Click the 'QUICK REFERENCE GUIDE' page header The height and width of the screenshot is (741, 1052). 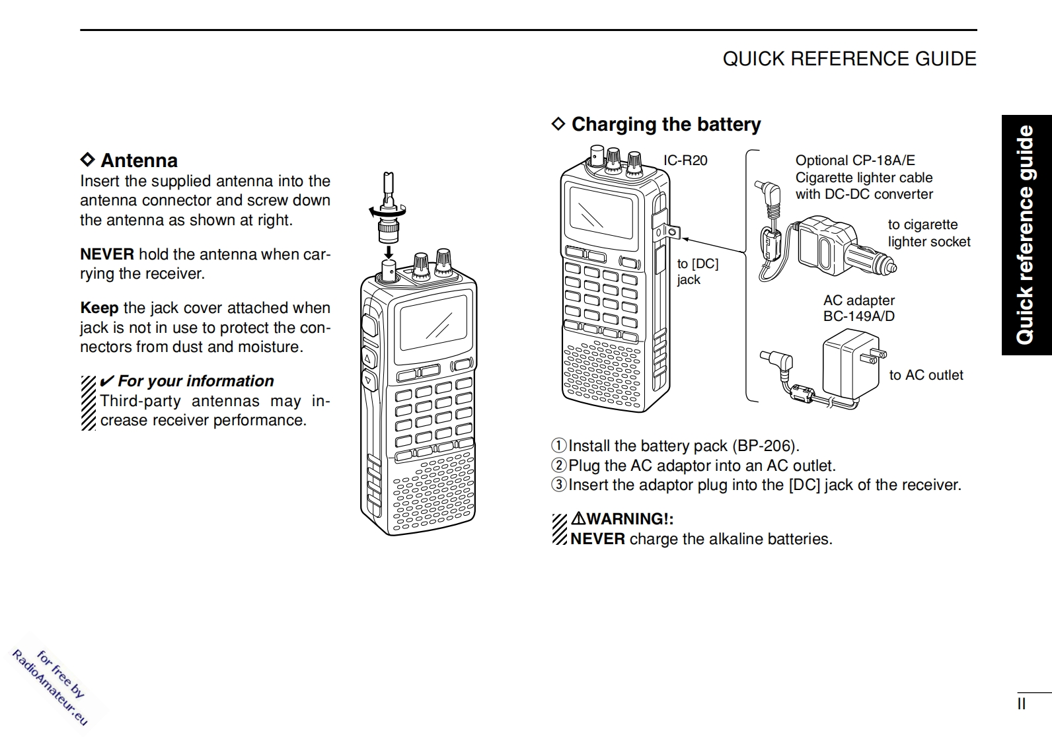(849, 59)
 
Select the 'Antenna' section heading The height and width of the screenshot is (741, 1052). (139, 160)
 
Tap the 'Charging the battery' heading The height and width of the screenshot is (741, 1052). (665, 124)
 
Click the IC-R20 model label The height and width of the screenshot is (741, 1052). (685, 160)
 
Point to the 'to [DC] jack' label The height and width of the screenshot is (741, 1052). (697, 271)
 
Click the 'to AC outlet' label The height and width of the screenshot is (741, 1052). (926, 375)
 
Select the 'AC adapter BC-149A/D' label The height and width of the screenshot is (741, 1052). (858, 308)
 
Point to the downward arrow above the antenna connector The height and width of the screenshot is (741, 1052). (389, 252)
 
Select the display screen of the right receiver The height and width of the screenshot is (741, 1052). (597, 213)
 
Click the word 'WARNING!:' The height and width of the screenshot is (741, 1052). (630, 519)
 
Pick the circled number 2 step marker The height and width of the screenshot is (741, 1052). (559, 466)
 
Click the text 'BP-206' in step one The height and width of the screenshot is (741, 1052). (767, 446)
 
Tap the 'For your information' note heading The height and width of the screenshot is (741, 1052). (196, 381)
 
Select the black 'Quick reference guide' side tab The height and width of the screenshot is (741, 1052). (1026, 235)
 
